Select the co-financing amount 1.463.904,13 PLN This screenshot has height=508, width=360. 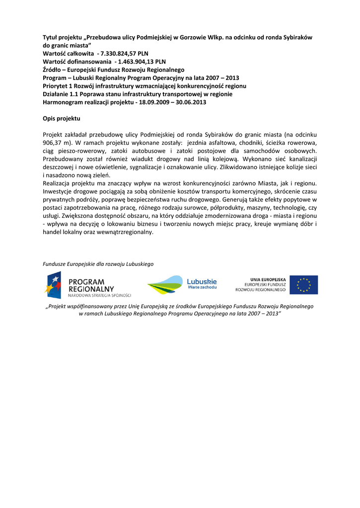pyautogui.click(x=142, y=62)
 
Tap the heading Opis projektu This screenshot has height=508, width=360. pyautogui.click(x=61, y=119)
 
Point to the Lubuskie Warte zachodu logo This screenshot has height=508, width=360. pyautogui.click(x=182, y=284)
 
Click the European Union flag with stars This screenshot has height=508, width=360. pyautogui.click(x=303, y=285)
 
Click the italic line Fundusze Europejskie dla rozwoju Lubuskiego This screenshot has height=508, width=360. pyautogui.click(x=98, y=264)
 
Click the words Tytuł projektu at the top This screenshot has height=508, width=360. pyautogui.click(x=62, y=38)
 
